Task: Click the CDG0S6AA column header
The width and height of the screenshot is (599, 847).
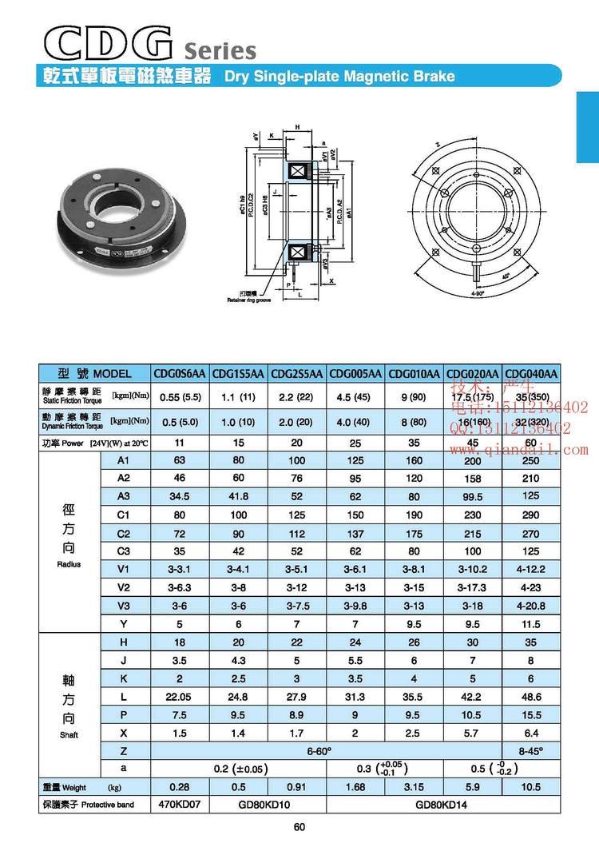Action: point(180,374)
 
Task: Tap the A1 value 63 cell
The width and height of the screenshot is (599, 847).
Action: point(180,460)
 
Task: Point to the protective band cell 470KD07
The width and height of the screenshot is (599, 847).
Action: point(180,805)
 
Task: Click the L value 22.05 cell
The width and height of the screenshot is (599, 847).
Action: point(180,697)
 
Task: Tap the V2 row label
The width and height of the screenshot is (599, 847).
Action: point(122,588)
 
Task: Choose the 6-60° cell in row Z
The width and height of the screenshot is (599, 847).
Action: point(328,752)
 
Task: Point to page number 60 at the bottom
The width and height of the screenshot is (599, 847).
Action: point(299,827)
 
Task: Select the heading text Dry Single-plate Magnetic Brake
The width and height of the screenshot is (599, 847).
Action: point(339,78)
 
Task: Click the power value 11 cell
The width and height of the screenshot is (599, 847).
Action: point(180,442)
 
